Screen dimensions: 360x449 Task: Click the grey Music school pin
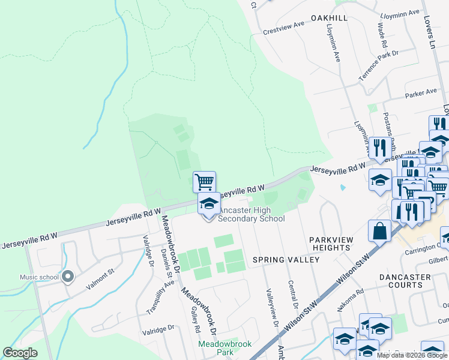(x=68, y=277)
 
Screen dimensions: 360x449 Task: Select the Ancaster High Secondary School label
(x=251, y=214)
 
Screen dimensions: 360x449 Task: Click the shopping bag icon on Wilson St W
(x=381, y=230)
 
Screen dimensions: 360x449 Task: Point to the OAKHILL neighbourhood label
(x=329, y=19)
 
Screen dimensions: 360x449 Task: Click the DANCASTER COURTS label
(x=405, y=281)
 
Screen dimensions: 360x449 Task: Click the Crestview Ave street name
(x=284, y=32)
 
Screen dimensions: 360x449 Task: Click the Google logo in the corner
(x=20, y=352)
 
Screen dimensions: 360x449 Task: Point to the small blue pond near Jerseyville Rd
(x=342, y=187)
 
